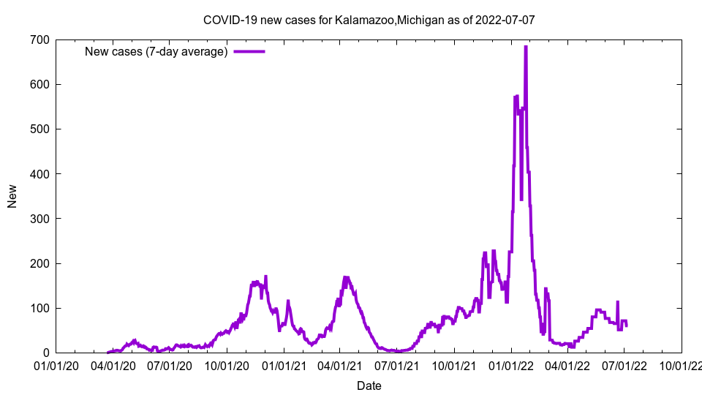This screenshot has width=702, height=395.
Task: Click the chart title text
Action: [x=369, y=20]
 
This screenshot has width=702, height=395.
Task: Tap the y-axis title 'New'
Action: [x=12, y=196]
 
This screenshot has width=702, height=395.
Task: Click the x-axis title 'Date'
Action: [x=369, y=385]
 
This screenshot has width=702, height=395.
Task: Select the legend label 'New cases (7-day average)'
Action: [x=156, y=51]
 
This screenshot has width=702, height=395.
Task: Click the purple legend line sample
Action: [x=249, y=51]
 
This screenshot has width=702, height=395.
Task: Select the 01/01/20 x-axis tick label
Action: [x=56, y=365]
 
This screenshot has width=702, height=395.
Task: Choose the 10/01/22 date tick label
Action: [x=682, y=365]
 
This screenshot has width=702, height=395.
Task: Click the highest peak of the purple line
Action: [x=526, y=47]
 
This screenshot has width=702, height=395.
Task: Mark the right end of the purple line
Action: [x=626, y=326]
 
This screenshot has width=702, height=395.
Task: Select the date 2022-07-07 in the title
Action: [x=505, y=20]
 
